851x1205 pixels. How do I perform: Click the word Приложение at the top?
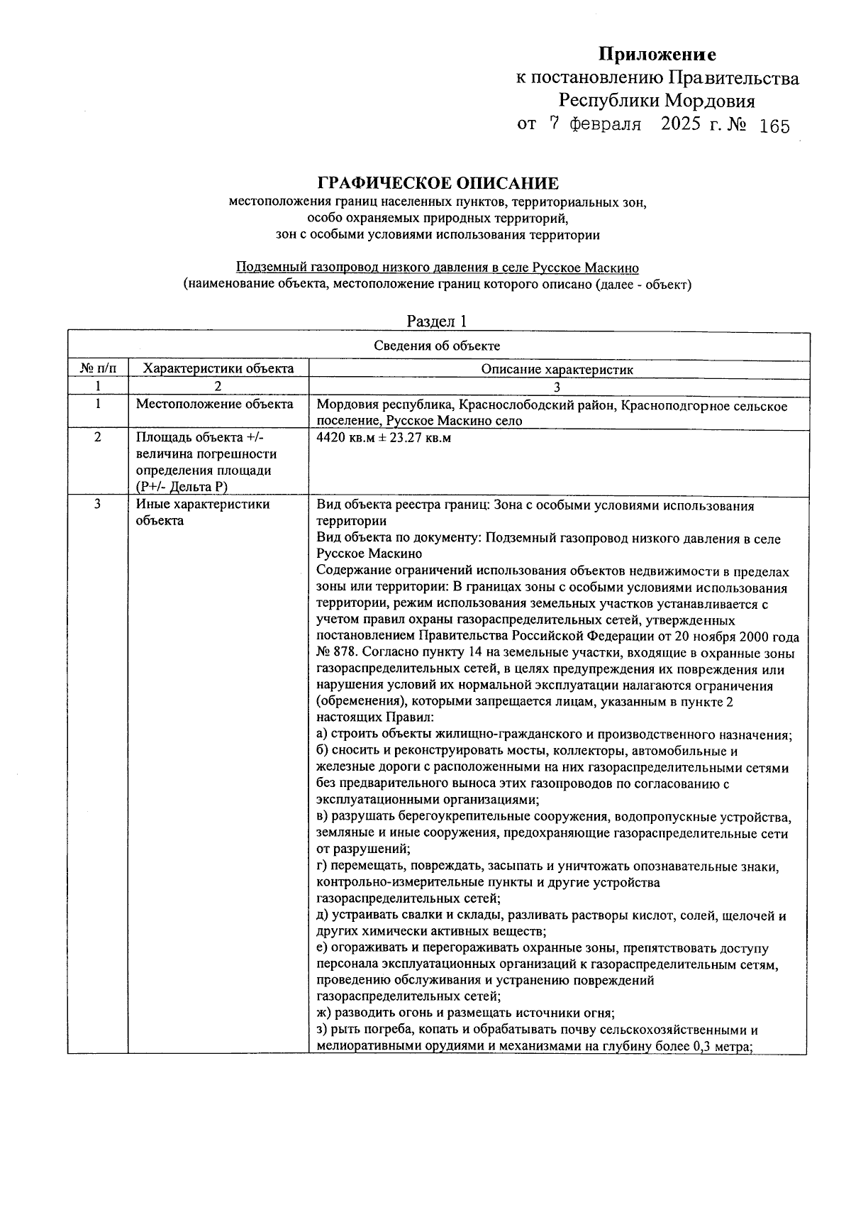tap(657, 55)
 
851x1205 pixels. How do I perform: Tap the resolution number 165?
tap(774, 126)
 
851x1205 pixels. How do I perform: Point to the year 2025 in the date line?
tap(682, 124)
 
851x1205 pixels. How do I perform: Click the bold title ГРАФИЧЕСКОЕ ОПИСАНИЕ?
tap(438, 183)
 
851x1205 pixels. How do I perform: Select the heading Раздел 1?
tap(437, 321)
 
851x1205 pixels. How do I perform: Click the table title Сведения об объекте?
tap(437, 346)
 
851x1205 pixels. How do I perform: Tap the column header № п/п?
tap(98, 369)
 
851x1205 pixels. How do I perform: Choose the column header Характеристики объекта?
tap(218, 369)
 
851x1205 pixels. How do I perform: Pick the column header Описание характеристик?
tap(557, 369)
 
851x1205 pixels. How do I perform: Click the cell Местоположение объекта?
tap(214, 405)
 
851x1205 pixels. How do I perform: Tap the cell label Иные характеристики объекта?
tap(203, 512)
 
